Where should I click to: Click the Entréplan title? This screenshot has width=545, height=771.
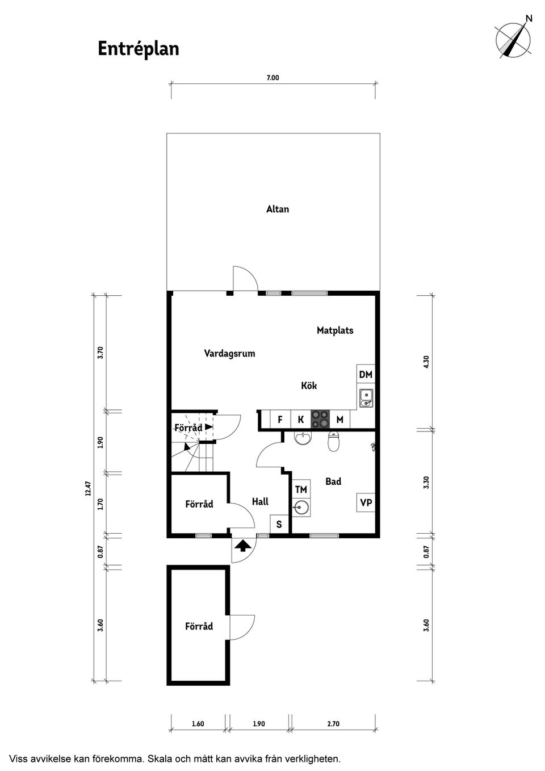tap(138, 49)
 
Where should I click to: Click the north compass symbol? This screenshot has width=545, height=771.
tap(514, 39)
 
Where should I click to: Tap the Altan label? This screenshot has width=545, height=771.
tap(278, 209)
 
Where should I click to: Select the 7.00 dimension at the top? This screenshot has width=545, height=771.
tap(273, 78)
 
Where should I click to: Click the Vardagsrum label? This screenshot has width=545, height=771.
tap(229, 353)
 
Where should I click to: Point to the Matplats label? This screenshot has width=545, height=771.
tap(335, 330)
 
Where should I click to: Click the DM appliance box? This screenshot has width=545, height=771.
tap(366, 374)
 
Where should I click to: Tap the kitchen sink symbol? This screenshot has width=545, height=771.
tap(366, 398)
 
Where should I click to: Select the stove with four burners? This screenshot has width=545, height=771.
tap(320, 419)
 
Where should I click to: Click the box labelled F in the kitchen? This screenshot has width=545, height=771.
tap(280, 420)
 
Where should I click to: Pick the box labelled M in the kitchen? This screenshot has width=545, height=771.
tap(339, 420)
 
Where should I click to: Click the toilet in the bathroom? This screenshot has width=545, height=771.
tap(334, 441)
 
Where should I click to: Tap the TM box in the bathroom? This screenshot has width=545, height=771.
tap(301, 489)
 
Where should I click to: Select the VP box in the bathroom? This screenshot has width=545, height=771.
tap(366, 502)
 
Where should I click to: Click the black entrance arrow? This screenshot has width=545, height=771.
tap(243, 546)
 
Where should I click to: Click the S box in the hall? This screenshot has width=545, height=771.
tap(279, 525)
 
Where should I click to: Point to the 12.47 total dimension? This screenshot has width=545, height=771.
tap(88, 488)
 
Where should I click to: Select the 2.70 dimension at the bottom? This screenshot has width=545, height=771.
tap(333, 724)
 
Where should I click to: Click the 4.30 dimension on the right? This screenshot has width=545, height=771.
tap(426, 361)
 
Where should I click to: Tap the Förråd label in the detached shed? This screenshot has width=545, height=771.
tap(199, 626)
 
